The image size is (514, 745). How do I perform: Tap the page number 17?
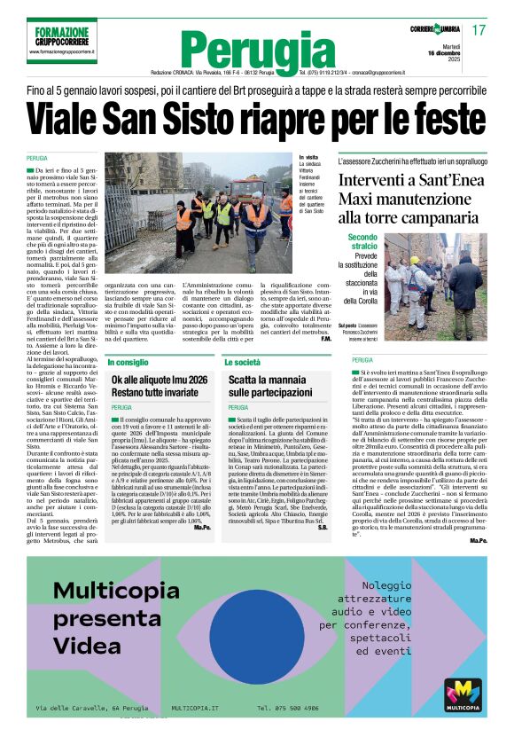click(x=479, y=30)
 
